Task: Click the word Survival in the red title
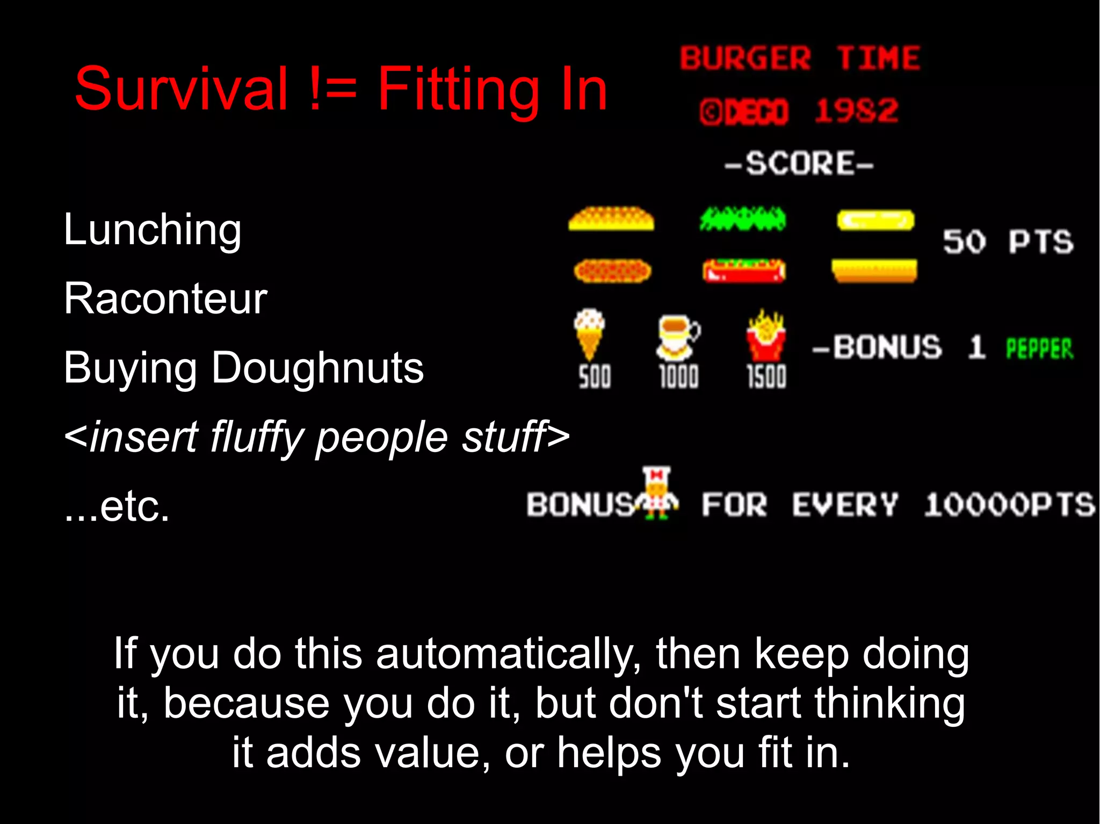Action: click(182, 89)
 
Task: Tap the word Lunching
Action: click(153, 230)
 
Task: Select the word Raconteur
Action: click(165, 298)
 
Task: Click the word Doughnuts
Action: click(317, 368)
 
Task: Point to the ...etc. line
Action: click(117, 506)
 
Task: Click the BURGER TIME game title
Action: click(800, 58)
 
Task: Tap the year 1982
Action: click(856, 111)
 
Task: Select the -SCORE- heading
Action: click(799, 163)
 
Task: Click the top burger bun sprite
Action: click(611, 219)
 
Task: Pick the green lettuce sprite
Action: click(743, 219)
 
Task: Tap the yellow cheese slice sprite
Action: click(875, 220)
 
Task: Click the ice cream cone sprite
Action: click(589, 333)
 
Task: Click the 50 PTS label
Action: click(1008, 242)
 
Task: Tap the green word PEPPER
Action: click(1039, 349)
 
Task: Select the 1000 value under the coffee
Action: click(679, 376)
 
